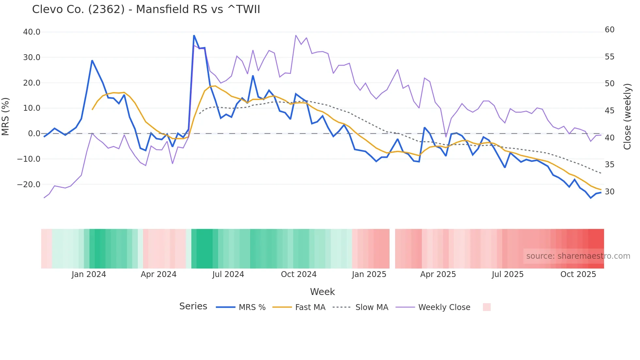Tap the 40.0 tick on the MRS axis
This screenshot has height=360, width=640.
pyautogui.click(x=32, y=32)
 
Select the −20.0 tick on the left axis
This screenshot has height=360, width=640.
pyautogui.click(x=29, y=185)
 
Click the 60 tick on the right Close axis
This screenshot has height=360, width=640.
pyautogui.click(x=609, y=30)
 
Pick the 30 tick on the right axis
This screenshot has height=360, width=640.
pyautogui.click(x=609, y=192)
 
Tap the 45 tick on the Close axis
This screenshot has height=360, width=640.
pyautogui.click(x=609, y=111)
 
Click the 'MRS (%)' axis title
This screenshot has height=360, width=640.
pyautogui.click(x=6, y=117)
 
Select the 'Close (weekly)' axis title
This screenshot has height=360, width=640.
pyautogui.click(x=627, y=117)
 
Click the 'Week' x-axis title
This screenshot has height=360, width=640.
pyautogui.click(x=322, y=292)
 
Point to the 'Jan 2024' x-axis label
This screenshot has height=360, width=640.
pyautogui.click(x=89, y=274)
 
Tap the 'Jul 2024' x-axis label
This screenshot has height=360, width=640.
pyautogui.click(x=228, y=274)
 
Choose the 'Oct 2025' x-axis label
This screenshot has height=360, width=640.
pyautogui.click(x=578, y=274)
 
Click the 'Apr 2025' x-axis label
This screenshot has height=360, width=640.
pyautogui.click(x=438, y=274)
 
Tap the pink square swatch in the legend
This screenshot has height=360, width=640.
pyautogui.click(x=487, y=307)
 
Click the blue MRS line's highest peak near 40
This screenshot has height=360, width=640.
pyautogui.click(x=194, y=36)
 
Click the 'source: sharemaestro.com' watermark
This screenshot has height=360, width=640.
pyautogui.click(x=578, y=256)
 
